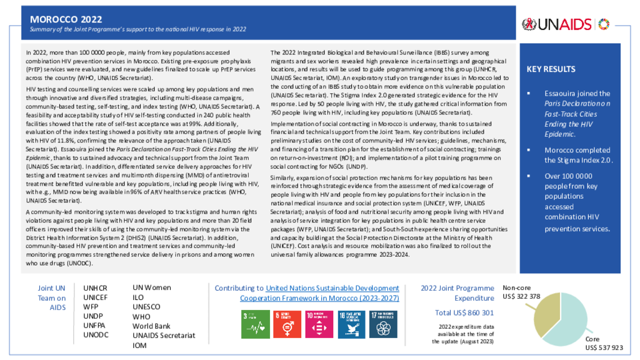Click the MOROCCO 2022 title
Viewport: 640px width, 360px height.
click(66, 20)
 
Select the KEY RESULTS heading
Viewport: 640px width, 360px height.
click(551, 69)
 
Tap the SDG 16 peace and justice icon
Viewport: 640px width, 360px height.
click(351, 321)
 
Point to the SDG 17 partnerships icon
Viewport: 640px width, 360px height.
click(382, 321)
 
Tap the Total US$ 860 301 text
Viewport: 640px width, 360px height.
click(464, 312)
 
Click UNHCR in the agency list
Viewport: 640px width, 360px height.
click(95, 288)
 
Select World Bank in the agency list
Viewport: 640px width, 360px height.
click(151, 326)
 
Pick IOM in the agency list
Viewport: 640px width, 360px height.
click(140, 345)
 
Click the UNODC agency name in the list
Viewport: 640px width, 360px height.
click(96, 335)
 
